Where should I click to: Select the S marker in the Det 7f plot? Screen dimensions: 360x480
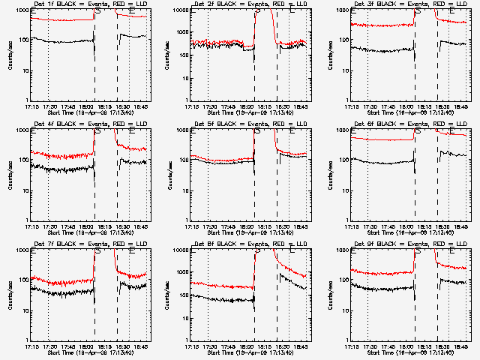[x=97, y=251]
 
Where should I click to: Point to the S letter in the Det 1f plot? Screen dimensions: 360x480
[x=97, y=11]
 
